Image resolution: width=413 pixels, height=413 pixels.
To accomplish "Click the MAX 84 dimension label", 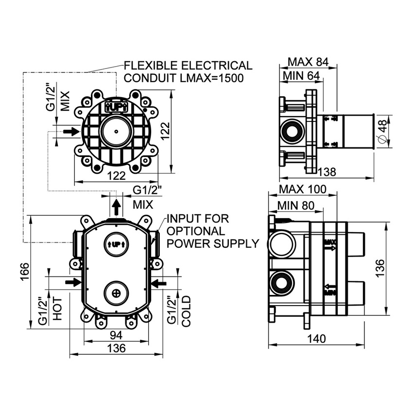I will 308,62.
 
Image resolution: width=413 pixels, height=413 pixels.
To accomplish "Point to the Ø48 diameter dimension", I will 382,131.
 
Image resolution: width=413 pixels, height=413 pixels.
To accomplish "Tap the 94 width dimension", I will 116,335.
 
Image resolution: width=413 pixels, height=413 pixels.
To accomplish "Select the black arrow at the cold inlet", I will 158,282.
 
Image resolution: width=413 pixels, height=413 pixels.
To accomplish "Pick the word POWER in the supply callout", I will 189,243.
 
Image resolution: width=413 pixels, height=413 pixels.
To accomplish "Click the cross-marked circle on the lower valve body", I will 116,293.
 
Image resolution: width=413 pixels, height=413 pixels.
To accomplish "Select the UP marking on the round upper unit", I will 116,106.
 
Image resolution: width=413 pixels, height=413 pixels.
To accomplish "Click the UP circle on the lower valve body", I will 116,244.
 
